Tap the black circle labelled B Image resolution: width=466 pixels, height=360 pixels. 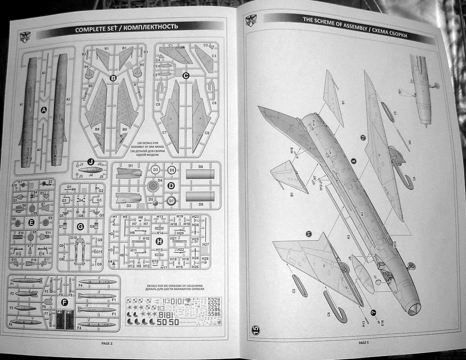coord(113,78)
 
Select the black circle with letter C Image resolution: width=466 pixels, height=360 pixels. coord(185,75)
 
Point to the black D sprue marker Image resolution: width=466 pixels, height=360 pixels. coord(171,186)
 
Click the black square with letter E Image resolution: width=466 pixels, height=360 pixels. coord(31,221)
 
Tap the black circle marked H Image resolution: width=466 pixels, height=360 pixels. coord(159,241)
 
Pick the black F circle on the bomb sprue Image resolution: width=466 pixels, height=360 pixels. coord(64,302)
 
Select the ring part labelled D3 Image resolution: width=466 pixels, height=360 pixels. coord(155,170)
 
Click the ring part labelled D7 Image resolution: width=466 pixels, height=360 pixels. coord(171,201)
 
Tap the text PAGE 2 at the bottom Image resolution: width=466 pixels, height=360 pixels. coord(106,343)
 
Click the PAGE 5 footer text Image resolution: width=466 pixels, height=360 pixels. coord(363,342)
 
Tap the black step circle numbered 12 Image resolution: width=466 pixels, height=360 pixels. coord(363,137)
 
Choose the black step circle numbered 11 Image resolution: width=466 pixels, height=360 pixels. coord(309,233)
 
